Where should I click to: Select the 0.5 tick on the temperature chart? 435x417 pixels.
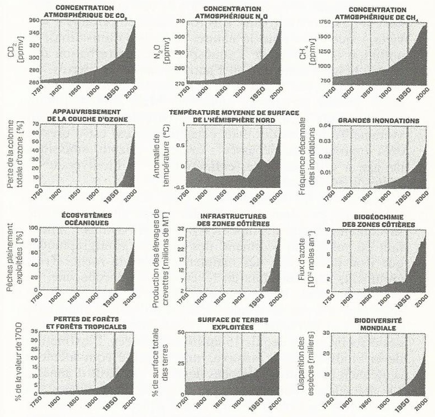[178, 146]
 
